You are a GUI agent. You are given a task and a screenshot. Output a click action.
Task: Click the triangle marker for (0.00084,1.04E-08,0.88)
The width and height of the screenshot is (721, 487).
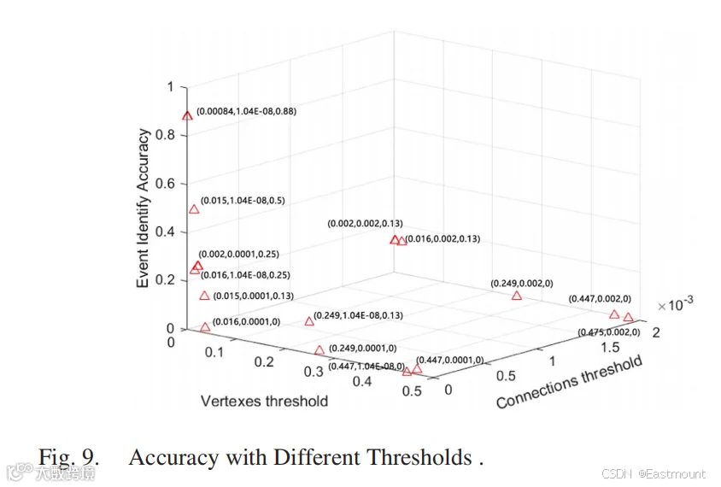pyautogui.click(x=187, y=116)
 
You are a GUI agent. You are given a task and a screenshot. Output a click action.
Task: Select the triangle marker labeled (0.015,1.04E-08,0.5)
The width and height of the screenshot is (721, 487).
pyautogui.click(x=194, y=209)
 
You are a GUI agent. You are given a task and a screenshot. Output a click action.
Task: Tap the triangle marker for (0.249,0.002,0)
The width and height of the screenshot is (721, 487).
pyautogui.click(x=517, y=296)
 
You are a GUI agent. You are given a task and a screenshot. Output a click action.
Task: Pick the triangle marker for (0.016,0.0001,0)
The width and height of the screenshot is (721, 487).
pyautogui.click(x=205, y=327)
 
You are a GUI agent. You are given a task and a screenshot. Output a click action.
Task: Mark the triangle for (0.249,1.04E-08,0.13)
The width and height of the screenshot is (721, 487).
pyautogui.click(x=309, y=321)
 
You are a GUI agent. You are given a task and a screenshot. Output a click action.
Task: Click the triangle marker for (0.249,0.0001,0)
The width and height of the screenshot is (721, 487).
pyautogui.click(x=319, y=350)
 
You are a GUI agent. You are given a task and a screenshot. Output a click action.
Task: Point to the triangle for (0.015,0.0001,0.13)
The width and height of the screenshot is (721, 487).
pyautogui.click(x=205, y=296)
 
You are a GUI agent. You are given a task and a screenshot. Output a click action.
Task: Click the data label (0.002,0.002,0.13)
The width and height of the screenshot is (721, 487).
pyautogui.click(x=365, y=224)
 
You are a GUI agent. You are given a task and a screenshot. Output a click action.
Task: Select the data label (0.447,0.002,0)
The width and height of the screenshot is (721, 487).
pyautogui.click(x=600, y=299)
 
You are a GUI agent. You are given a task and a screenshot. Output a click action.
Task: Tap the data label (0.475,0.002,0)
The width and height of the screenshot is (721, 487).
pyautogui.click(x=609, y=332)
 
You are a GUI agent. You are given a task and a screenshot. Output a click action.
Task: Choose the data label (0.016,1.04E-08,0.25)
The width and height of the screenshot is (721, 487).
pyautogui.click(x=245, y=275)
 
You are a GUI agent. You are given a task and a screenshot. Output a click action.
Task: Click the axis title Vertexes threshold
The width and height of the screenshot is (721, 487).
pyautogui.click(x=265, y=401)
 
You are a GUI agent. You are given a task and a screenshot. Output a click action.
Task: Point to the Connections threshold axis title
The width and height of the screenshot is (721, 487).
pyautogui.click(x=569, y=382)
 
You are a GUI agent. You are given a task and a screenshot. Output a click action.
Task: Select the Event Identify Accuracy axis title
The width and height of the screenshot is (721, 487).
pyautogui.click(x=143, y=208)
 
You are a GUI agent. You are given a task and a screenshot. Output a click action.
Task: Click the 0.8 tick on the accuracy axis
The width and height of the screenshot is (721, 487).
pyautogui.click(x=165, y=135)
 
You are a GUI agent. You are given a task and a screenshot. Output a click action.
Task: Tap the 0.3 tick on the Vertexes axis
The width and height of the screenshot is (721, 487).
pyautogui.click(x=314, y=372)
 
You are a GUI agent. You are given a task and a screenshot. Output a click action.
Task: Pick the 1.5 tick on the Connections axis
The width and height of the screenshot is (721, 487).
pyautogui.click(x=610, y=347)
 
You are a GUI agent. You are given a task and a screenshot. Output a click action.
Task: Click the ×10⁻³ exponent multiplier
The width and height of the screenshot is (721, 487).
pyautogui.click(x=676, y=304)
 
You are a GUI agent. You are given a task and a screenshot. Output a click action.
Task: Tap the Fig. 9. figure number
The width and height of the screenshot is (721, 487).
pyautogui.click(x=68, y=458)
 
